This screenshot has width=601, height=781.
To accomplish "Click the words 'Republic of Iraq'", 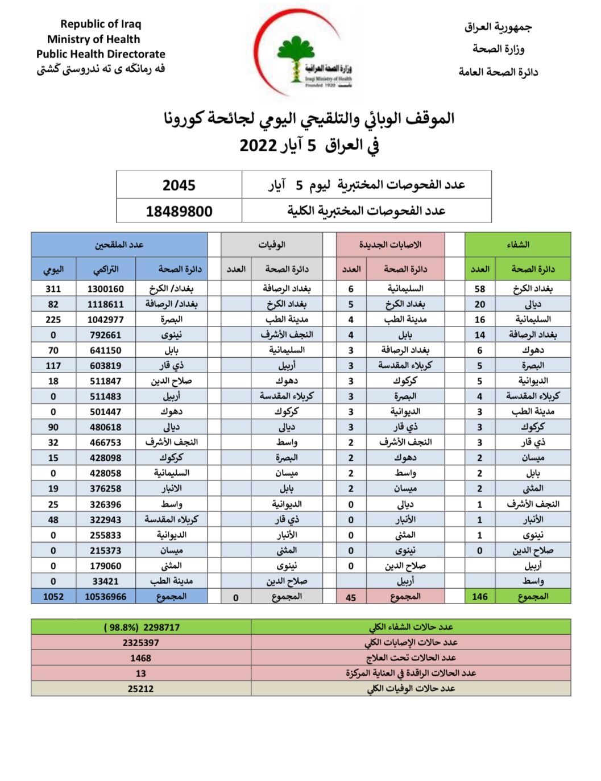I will coord(101,24).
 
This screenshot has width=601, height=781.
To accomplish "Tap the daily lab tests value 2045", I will coord(179,185).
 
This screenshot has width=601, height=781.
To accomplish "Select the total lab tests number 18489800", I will coord(179,212).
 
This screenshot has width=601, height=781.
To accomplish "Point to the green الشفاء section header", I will coord(517,245).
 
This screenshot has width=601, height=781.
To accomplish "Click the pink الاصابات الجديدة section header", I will coord(389,245).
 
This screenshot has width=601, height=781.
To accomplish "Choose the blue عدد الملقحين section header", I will coord(119,245).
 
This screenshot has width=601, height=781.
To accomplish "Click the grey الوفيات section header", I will coord(272,245).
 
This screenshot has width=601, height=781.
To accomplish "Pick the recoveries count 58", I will coord(479,289).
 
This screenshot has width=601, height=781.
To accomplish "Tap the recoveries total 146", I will coord(479,597).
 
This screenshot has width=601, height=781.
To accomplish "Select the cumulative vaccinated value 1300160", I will coord(105,289).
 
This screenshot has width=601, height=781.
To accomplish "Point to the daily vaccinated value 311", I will coord(53,289).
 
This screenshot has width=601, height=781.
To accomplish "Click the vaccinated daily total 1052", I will coord(53,597).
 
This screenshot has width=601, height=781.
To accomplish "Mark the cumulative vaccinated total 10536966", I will coord(105,597).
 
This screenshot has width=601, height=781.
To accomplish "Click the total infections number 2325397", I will coord(140,643).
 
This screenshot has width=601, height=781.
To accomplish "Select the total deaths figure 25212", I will coord(140,689).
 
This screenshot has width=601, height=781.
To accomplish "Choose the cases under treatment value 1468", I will coord(140,658).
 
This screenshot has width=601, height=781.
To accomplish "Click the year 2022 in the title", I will coord(258,146).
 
